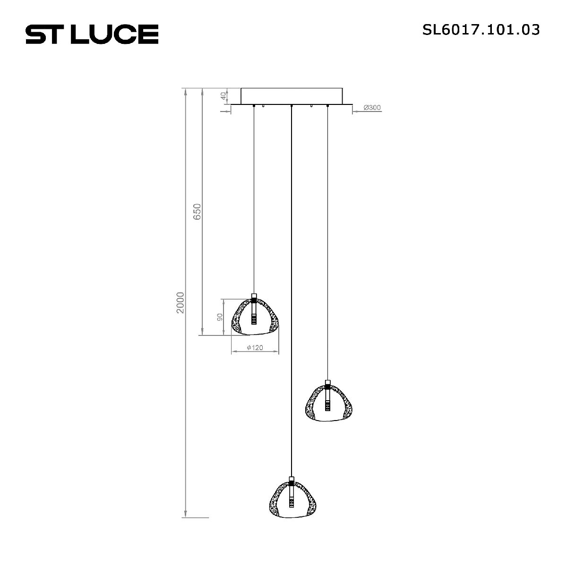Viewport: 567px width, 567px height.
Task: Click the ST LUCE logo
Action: (x=92, y=34)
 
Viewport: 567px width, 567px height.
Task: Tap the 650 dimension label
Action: (x=198, y=212)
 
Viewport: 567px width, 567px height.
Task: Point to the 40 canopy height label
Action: (x=223, y=96)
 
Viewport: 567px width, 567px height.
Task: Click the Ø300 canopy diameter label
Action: (x=372, y=108)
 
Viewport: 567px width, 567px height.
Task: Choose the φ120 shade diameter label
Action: (x=255, y=348)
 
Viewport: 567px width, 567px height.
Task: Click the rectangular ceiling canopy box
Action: (x=292, y=96)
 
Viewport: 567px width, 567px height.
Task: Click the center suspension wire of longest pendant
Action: (x=292, y=283)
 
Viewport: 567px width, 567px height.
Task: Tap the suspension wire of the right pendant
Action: (x=327, y=236)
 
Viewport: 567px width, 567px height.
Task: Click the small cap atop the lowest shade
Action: (x=292, y=479)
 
